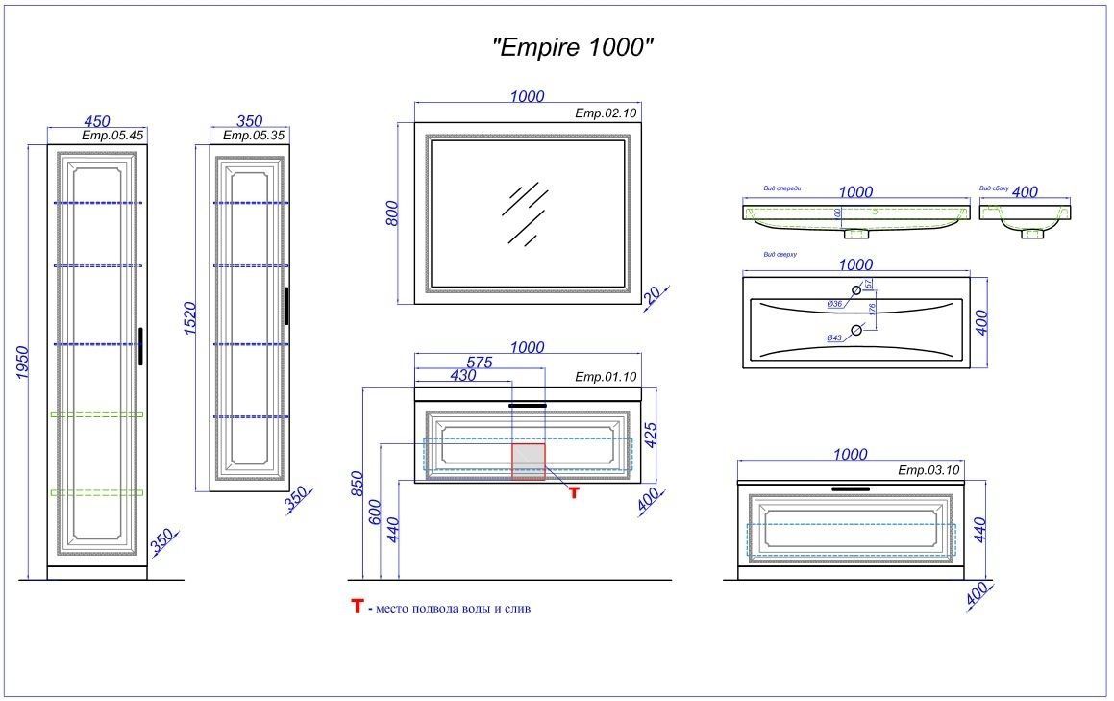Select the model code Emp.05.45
pos(112,136)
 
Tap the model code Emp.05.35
pos(254,136)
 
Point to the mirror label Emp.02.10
pos(606,113)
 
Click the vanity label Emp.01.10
pos(606,376)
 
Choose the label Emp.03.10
pos(928,470)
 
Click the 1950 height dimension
pos(26,363)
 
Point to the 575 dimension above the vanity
pos(480,363)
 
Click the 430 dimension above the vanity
pos(463,377)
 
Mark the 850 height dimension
pos(357,484)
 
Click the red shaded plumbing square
pos(528,462)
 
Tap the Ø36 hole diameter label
pos(834,304)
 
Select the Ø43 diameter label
pos(834,338)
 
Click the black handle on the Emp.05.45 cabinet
pos(140,346)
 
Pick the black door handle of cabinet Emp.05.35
pos(286,307)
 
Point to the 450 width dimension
pos(96,121)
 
